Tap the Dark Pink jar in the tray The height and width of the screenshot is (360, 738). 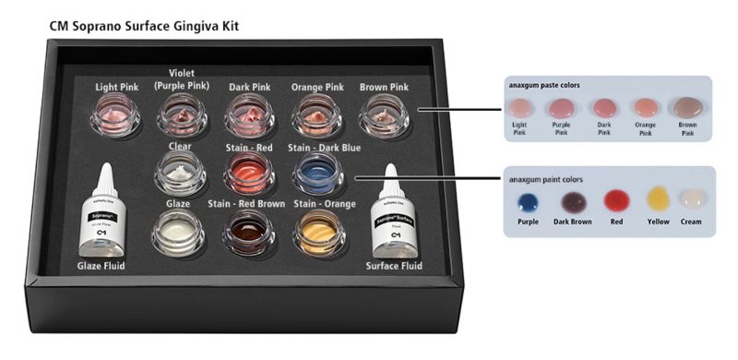246,116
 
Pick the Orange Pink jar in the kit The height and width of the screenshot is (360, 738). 316,116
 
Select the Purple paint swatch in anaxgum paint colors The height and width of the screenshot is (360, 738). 529,200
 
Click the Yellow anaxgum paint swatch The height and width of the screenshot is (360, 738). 658,198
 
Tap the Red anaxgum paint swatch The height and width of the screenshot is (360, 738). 615,200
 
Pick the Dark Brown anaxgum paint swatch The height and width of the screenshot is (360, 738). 572,200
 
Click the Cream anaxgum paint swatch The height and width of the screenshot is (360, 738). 690,198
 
